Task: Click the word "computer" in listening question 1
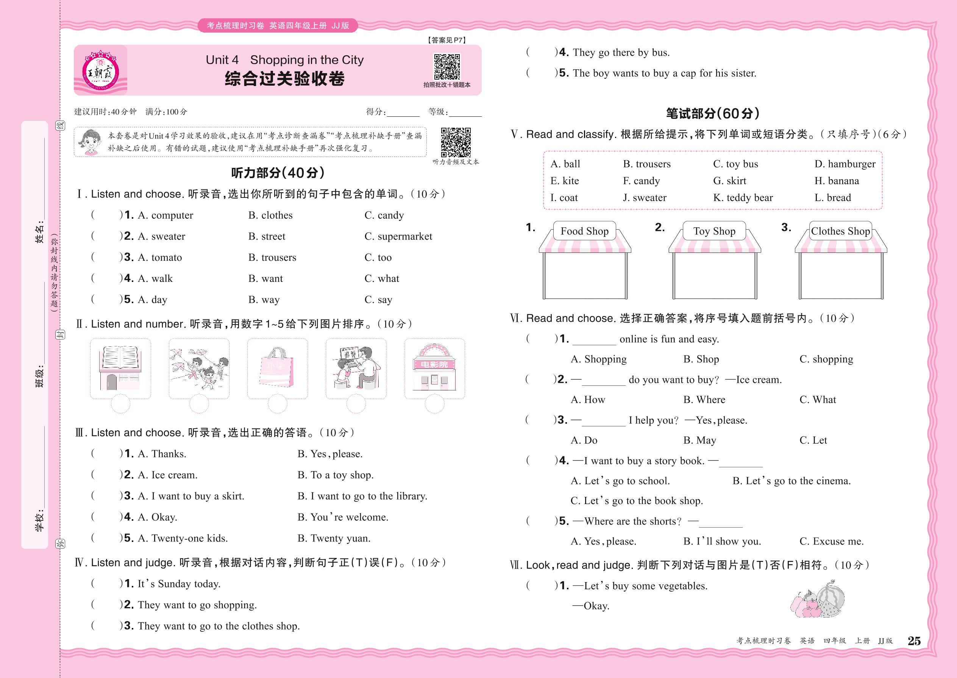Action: pos(172,215)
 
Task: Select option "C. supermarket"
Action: pos(398,236)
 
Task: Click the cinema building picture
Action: pos(434,368)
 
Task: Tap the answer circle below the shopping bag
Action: pos(278,404)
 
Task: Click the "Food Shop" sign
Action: pos(584,231)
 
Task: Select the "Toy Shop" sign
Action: pos(714,231)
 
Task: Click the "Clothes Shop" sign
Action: pos(840,231)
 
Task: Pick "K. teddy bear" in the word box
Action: pos(743,198)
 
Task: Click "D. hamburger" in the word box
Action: pos(845,164)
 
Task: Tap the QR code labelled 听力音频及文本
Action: pos(456,142)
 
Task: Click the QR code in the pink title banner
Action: pos(447,66)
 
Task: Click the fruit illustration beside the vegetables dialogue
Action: pos(817,599)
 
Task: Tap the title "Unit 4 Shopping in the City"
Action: pos(284,60)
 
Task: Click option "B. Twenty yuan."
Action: pos(334,539)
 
